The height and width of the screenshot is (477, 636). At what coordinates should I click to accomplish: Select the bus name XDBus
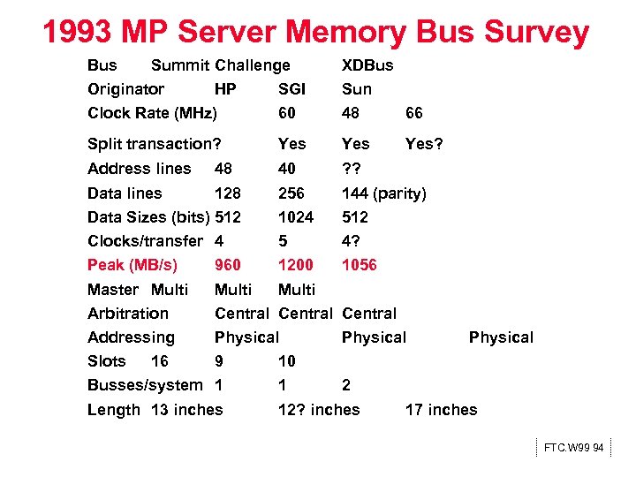point(367,64)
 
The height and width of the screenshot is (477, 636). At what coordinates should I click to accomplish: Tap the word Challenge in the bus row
point(253,64)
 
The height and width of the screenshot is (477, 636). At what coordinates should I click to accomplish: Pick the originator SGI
point(291,88)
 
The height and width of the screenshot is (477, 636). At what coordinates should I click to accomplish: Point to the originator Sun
point(357,88)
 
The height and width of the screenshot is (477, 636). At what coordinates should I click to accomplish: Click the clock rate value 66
point(413,112)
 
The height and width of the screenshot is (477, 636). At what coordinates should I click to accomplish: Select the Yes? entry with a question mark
point(424,143)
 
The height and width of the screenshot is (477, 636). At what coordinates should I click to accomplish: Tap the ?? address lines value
point(353,168)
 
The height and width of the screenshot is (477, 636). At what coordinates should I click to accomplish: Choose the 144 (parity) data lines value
point(384,193)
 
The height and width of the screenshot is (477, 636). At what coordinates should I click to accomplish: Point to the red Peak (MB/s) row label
point(132,264)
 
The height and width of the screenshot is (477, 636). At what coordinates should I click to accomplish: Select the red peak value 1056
point(359,264)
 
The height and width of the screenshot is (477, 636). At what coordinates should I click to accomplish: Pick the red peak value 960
point(228,264)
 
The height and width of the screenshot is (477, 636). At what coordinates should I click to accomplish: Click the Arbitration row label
point(128,313)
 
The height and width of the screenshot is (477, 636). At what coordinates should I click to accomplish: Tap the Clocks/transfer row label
point(145,240)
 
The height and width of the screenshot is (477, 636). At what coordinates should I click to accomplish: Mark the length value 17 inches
point(441,409)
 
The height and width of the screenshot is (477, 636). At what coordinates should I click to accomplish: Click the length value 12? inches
point(319,409)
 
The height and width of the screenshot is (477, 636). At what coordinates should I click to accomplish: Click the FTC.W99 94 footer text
point(574,448)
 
